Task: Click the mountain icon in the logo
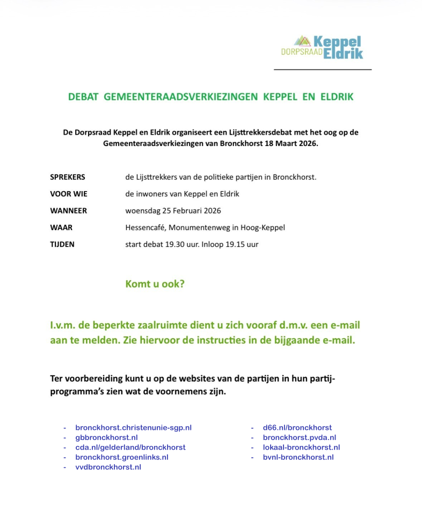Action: click(303, 41)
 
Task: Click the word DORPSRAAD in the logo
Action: click(302, 52)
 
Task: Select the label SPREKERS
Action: click(68, 177)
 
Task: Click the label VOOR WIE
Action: click(69, 194)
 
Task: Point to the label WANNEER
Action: click(68, 210)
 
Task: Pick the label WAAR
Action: click(61, 228)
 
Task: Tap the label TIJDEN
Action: click(62, 244)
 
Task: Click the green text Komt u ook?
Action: click(155, 284)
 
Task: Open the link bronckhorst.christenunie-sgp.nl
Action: click(133, 428)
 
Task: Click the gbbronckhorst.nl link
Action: click(107, 437)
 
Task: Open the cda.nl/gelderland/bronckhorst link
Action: click(130, 447)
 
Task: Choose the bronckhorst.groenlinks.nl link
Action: click(122, 457)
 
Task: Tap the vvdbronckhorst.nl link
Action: click(108, 467)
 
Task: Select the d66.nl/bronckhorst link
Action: click(297, 428)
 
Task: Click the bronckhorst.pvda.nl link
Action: click(300, 437)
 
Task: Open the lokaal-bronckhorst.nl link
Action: click(301, 447)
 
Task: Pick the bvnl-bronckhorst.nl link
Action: click(298, 457)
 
